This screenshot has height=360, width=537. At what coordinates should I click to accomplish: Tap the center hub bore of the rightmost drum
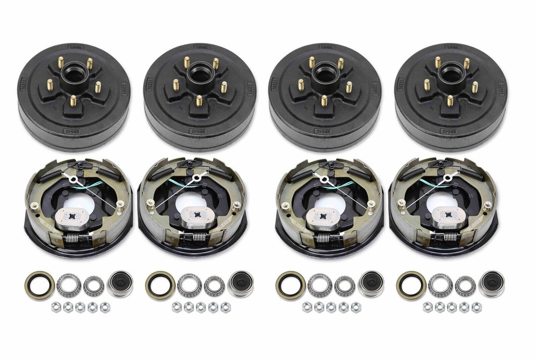pos(449,72)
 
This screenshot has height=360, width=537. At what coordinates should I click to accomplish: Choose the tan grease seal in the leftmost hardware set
pos(39,285)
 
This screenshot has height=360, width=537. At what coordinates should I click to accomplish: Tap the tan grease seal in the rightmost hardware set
pos(411,285)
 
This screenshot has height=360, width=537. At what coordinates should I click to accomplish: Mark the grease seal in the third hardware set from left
pos(291,285)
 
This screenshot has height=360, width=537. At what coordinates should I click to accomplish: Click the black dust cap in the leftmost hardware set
pos(119,284)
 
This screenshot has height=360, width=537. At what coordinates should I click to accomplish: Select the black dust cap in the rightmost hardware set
pos(491,284)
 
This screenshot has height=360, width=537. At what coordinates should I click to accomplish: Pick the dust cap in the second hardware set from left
pos(240,284)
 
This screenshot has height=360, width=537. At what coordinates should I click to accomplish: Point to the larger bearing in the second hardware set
pos(190,285)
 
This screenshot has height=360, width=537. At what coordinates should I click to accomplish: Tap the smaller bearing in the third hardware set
pos(345,285)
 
